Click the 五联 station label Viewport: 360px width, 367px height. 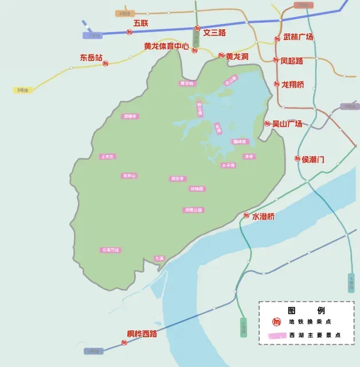coord(140,23)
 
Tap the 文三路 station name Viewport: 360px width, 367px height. coord(214,32)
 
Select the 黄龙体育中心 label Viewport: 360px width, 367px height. coord(166,46)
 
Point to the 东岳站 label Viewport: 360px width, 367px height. coord(91,57)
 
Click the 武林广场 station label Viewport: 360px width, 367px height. coord(298,37)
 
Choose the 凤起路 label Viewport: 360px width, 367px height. coord(292,60)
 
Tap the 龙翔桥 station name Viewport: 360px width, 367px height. coord(292,84)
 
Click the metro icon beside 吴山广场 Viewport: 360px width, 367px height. coord(267,123)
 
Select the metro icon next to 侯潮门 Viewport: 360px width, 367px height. coord(298,159)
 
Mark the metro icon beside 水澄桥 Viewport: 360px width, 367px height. coord(246,216)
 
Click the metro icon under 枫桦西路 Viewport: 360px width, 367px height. coord(124,342)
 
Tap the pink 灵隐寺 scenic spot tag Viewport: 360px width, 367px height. coord(131,116)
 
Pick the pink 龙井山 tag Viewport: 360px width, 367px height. coord(130,175)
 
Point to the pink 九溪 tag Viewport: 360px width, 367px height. coord(160,258)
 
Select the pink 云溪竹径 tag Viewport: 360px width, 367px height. coord(111,250)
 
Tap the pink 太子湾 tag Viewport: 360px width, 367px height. coord(228,165)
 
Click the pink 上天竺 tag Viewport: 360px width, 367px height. coord(107,156)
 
